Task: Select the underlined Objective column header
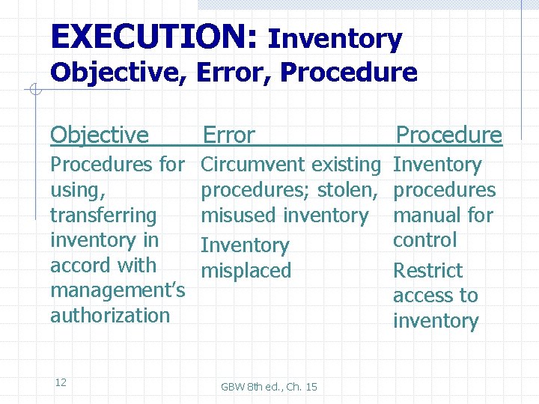(x=100, y=135)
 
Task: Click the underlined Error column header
(x=229, y=135)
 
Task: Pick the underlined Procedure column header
(x=448, y=135)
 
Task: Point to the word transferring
(x=103, y=215)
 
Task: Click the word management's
(x=118, y=290)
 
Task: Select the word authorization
(x=110, y=316)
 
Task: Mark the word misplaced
(x=246, y=271)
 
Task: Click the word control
(x=424, y=240)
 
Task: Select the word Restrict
(x=428, y=271)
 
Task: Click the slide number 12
(x=61, y=382)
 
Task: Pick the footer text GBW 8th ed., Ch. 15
(x=269, y=387)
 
